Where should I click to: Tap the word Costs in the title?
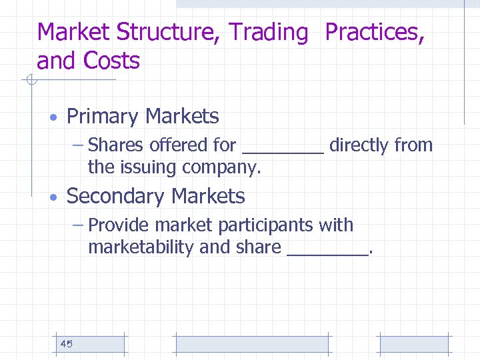click(111, 61)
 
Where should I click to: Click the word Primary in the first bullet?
click(103, 117)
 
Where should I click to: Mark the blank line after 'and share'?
click(327, 253)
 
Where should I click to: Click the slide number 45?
click(66, 344)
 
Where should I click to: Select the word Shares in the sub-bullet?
click(116, 145)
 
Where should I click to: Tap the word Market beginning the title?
click(73, 32)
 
